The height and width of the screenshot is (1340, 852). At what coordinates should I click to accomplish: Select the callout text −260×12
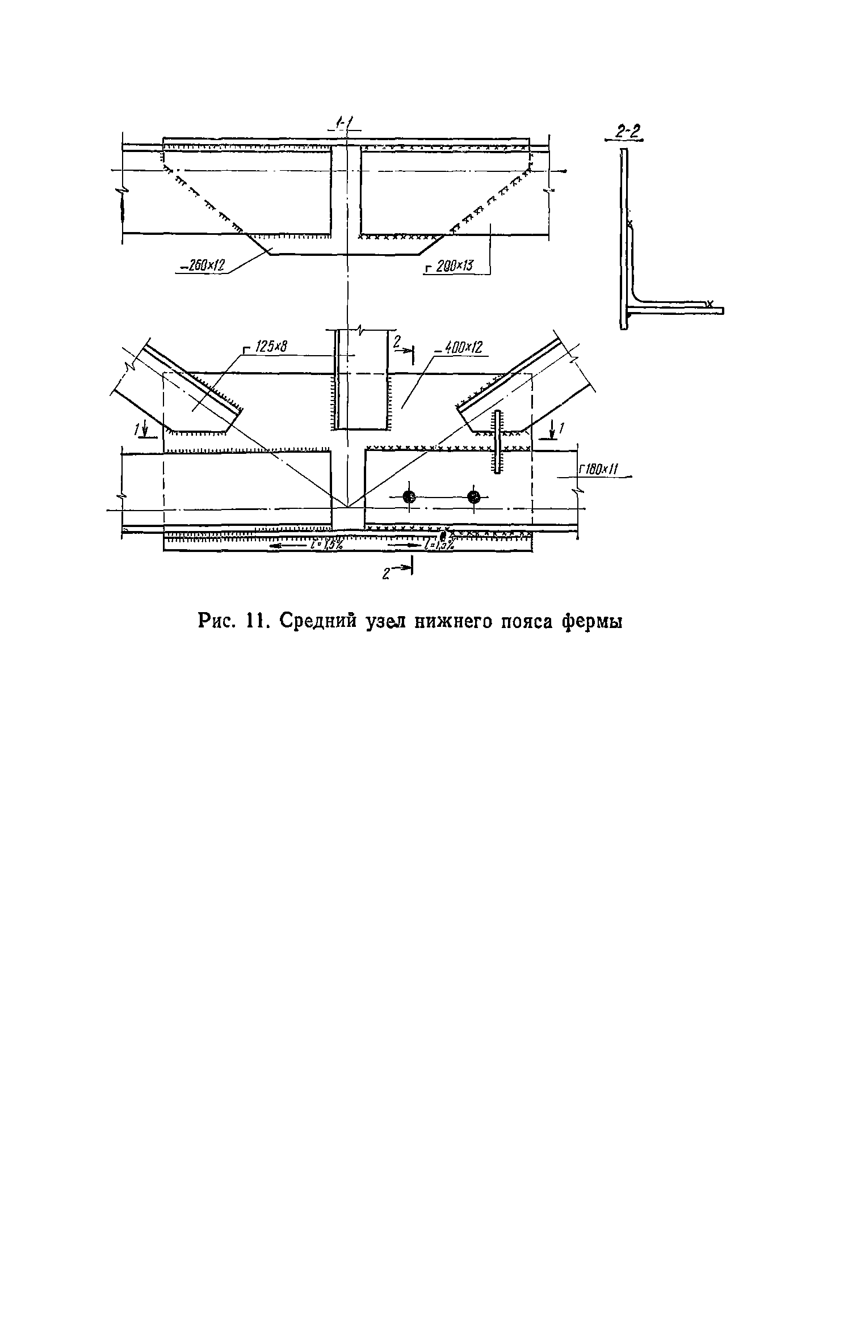click(202, 265)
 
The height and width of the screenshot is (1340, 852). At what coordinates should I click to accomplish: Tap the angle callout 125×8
click(267, 347)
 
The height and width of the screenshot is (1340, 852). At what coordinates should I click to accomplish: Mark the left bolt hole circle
click(409, 498)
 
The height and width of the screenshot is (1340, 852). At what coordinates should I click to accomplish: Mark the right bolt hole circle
click(474, 498)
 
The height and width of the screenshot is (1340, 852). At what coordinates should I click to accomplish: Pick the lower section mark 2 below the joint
click(399, 571)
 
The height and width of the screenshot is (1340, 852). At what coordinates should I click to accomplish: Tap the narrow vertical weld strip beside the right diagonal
click(498, 441)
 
